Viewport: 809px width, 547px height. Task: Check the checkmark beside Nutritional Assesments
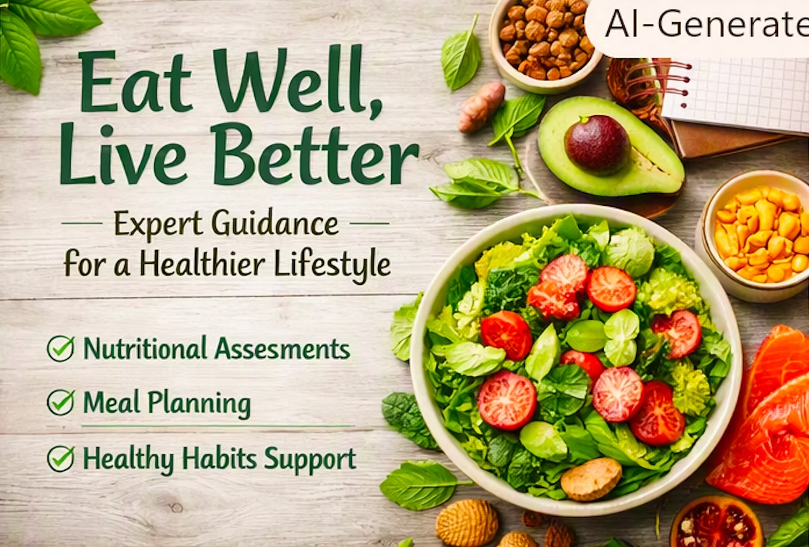tap(61, 349)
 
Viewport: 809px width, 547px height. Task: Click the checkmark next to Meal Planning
tap(61, 402)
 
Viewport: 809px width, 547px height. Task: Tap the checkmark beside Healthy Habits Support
tap(61, 459)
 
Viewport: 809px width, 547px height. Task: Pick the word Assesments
tap(282, 348)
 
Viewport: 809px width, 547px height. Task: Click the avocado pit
tap(597, 145)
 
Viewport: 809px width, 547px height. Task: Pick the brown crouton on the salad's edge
tap(592, 479)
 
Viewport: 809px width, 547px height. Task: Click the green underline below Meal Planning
tap(217, 426)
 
